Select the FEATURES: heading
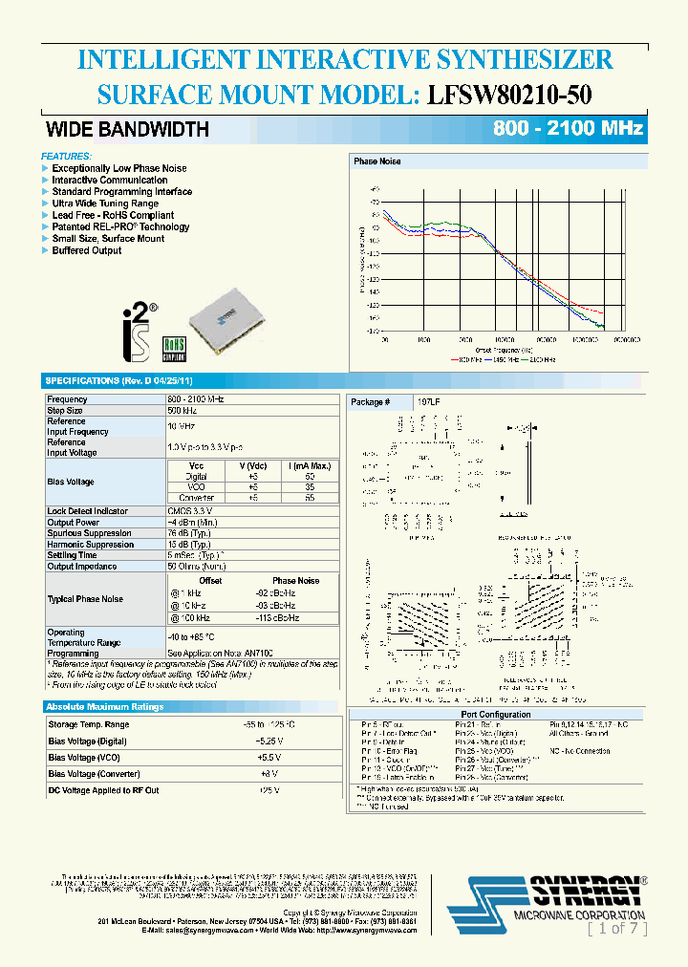67,156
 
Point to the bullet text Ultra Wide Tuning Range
105,204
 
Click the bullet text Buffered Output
87,250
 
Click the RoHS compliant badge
174,347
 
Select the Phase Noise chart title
377,161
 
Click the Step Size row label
66,410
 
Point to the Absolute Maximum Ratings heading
105,707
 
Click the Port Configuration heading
495,714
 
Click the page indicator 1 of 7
616,927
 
